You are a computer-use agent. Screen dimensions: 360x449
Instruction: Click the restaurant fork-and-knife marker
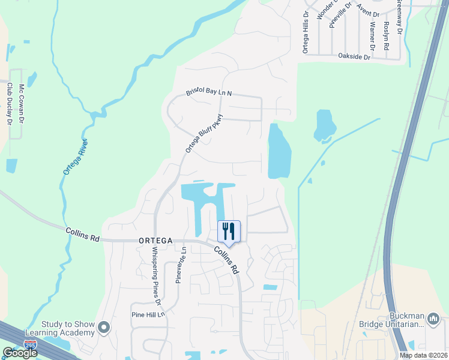click(229, 230)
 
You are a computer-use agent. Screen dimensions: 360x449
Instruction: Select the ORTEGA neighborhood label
click(155, 241)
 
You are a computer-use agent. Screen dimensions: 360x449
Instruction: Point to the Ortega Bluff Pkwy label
click(203, 133)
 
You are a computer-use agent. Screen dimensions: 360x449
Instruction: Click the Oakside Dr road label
click(355, 56)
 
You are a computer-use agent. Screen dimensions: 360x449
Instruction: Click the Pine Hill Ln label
click(147, 314)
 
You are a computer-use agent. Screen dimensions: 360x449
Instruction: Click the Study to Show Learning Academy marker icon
click(104, 328)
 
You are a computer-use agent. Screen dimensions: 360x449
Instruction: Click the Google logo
click(20, 353)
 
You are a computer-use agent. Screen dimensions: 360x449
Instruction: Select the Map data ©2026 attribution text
click(423, 355)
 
